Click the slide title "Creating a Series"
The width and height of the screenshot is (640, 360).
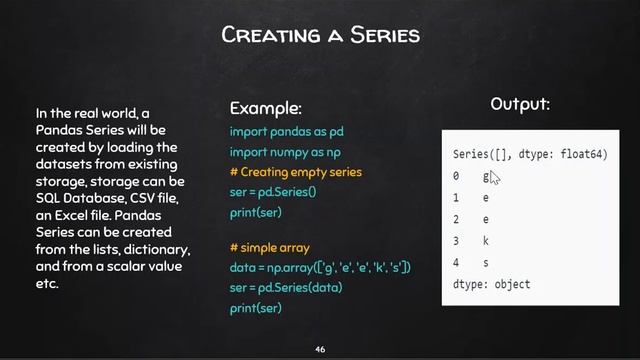[x=320, y=36]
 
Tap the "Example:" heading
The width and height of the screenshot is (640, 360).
[x=265, y=108]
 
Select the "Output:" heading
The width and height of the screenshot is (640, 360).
[x=520, y=104]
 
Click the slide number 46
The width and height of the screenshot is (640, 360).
[x=320, y=349]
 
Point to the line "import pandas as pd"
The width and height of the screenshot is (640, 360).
[x=287, y=132]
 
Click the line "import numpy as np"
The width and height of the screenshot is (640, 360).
[x=285, y=152]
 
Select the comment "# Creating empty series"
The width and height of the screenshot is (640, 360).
[x=295, y=172]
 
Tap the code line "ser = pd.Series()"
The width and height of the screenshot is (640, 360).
[x=273, y=191]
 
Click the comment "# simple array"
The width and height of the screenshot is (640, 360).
[x=269, y=248]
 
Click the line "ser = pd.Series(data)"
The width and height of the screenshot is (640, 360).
[x=285, y=288]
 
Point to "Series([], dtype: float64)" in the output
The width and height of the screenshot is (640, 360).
[x=530, y=155]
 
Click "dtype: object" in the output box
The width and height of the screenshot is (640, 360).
[x=491, y=284]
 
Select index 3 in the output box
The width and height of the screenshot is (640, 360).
[x=456, y=241]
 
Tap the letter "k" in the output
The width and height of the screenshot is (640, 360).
[x=486, y=241]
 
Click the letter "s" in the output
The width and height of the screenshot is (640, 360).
[x=486, y=263]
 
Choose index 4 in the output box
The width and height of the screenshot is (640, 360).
[x=456, y=263]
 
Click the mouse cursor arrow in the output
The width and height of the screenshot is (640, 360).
[x=494, y=178]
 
